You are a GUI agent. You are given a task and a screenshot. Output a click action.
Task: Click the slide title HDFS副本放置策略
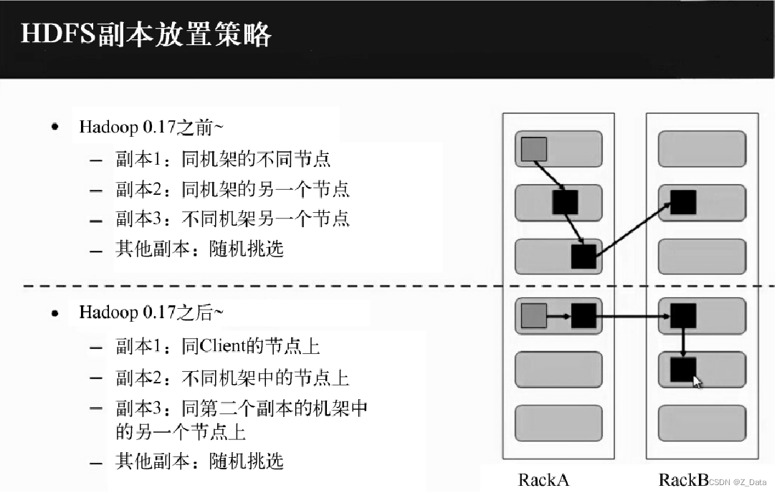click(146, 34)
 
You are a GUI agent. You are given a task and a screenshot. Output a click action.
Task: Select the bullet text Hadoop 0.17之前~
click(151, 128)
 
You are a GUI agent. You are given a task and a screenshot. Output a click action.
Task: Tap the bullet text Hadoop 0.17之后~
click(151, 312)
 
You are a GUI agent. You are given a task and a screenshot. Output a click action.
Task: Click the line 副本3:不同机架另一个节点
click(232, 219)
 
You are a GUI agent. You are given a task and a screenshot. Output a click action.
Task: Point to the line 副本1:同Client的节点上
click(217, 346)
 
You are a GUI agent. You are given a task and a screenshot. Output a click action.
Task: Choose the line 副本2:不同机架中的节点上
click(232, 377)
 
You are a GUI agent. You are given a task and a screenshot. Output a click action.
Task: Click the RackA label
click(543, 479)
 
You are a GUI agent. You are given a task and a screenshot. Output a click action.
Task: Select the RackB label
click(682, 479)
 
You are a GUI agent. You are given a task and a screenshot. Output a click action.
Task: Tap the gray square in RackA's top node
click(534, 148)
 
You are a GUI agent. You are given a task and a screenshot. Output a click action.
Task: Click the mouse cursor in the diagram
click(697, 381)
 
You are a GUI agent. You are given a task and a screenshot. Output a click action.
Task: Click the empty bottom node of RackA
click(558, 422)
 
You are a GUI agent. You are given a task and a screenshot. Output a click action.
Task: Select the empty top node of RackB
click(702, 148)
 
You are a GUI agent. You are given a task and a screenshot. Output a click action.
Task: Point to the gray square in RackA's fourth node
click(534, 315)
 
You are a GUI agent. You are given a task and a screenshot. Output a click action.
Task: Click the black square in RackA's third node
click(583, 256)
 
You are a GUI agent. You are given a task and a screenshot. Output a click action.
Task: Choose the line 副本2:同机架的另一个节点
click(232, 188)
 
